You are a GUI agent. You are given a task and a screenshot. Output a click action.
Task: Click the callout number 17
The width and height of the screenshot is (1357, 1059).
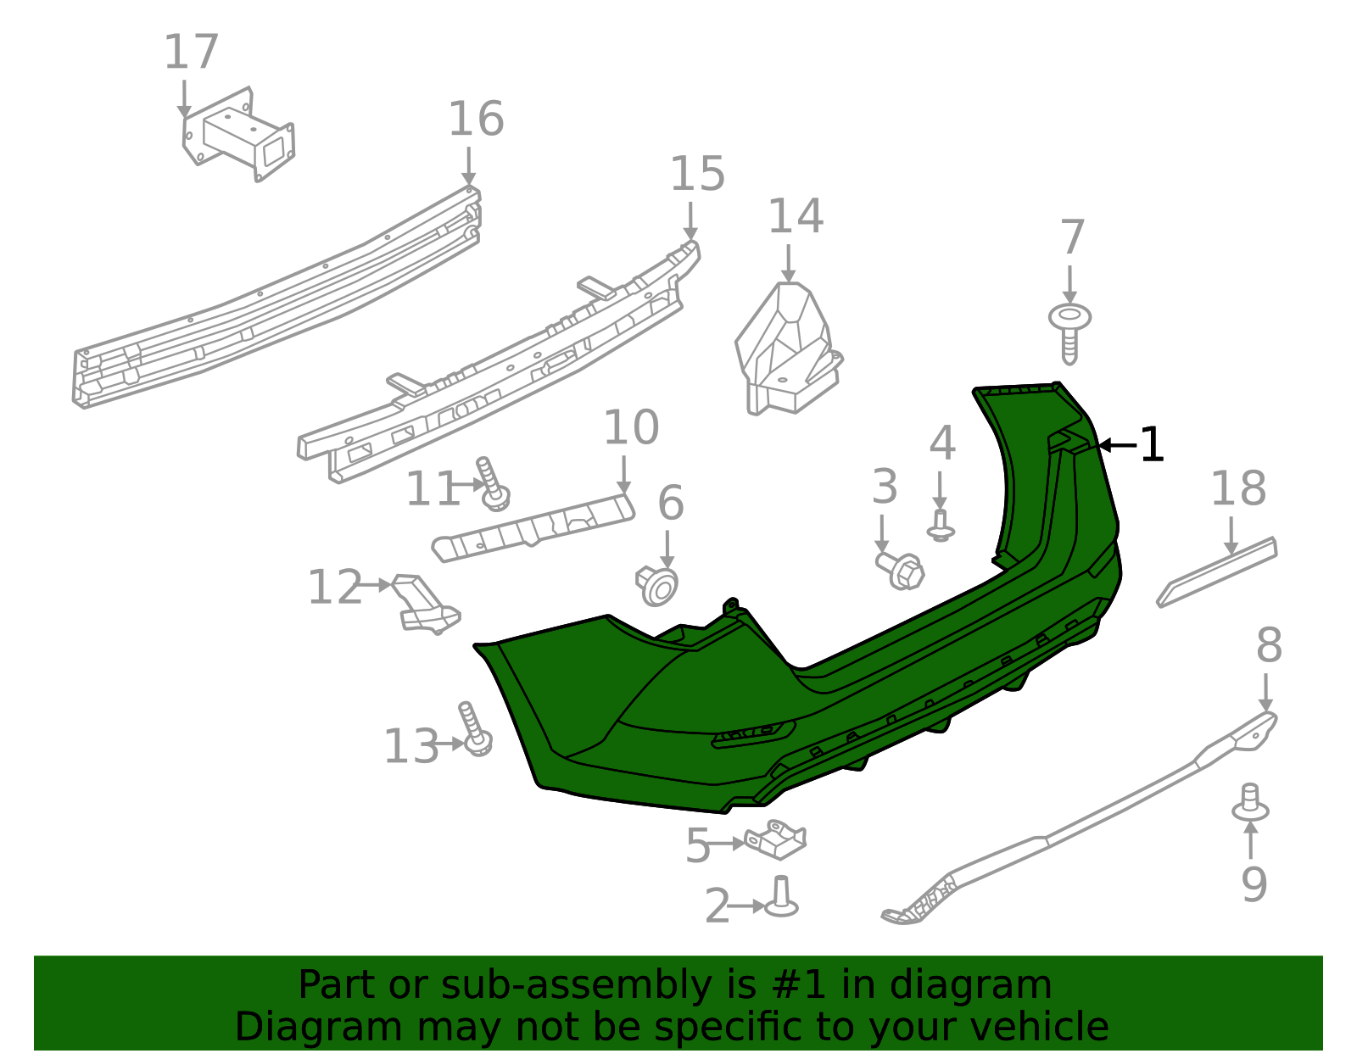[x=191, y=53]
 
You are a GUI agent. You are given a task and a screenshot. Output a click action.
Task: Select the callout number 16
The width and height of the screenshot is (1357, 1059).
[x=475, y=119]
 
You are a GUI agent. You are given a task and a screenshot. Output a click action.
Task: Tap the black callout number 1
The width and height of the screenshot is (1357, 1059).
[x=1151, y=445]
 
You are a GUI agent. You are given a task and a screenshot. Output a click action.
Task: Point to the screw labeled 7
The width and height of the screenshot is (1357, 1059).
[x=1069, y=331]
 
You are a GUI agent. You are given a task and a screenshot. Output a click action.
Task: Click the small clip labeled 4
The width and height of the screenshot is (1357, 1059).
[x=941, y=526]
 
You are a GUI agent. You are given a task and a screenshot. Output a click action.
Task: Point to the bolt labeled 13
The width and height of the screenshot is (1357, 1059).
[x=474, y=730]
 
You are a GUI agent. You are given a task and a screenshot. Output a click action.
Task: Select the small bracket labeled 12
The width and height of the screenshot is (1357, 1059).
[x=427, y=605]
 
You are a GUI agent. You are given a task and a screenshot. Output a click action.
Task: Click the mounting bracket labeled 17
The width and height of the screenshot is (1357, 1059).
[x=240, y=135]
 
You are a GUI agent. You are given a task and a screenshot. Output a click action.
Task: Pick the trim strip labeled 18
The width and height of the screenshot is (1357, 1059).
[x=1217, y=572]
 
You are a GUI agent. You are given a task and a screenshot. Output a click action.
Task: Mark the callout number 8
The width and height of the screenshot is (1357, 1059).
[x=1268, y=646]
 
